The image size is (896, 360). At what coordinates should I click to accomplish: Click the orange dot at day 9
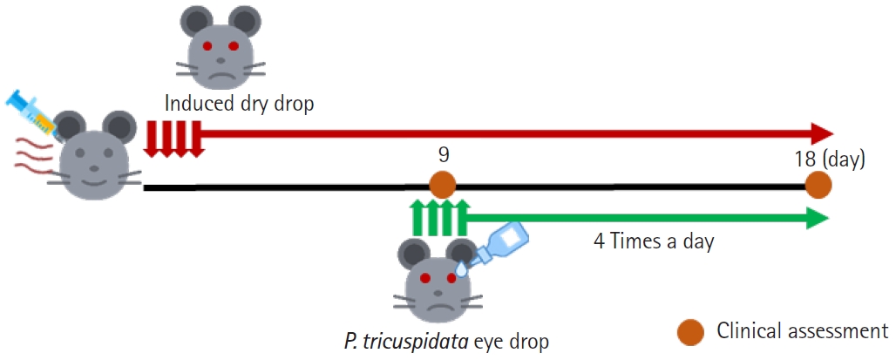[442, 186]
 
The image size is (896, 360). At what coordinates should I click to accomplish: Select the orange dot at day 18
[818, 186]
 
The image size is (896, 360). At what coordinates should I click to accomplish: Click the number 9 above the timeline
[442, 155]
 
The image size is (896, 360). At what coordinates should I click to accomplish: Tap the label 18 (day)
[829, 158]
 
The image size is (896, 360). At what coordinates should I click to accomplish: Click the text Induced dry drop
[239, 104]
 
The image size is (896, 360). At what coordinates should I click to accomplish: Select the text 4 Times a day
[654, 241]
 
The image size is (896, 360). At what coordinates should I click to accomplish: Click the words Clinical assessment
[802, 330]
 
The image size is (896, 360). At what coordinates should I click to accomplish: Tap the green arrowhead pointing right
[818, 218]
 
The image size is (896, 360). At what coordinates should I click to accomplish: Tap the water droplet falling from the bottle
[461, 268]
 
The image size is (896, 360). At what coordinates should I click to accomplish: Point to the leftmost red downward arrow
[152, 138]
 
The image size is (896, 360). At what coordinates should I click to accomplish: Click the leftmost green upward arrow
[418, 218]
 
